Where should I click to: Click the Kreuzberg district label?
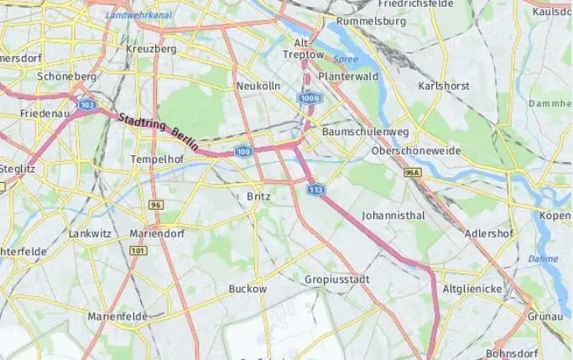(x=151, y=49)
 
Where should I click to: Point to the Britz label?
(x=258, y=196)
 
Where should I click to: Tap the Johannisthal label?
(x=393, y=216)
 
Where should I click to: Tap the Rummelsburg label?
(x=370, y=21)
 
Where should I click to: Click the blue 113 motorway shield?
(x=315, y=190)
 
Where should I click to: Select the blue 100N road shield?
(x=309, y=99)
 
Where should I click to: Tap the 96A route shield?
(x=411, y=172)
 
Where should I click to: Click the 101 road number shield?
(x=138, y=251)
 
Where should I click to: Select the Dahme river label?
(x=543, y=258)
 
